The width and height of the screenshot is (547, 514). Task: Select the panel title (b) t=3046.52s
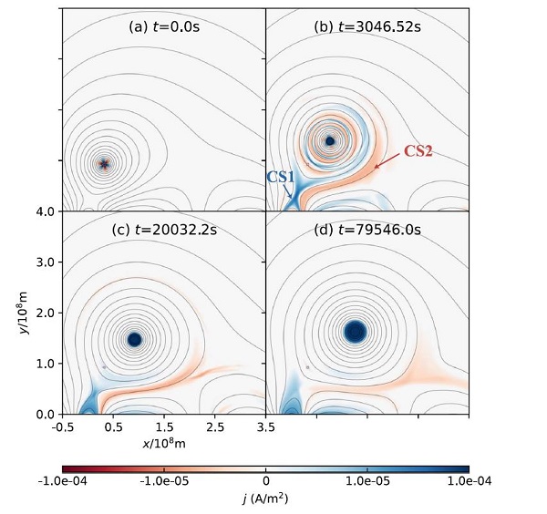tap(364, 26)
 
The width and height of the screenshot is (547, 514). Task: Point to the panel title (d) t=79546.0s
tap(364, 230)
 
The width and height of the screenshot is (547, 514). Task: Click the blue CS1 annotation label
tap(279, 176)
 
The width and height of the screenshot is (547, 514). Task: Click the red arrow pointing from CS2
tap(387, 161)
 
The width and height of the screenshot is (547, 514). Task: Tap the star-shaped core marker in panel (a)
tap(103, 164)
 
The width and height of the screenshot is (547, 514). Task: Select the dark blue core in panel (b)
tap(330, 140)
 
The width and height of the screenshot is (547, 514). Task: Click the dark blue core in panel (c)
tap(134, 338)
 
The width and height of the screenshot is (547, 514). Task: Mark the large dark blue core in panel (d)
tap(356, 331)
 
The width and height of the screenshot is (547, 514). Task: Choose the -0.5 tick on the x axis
tap(62, 427)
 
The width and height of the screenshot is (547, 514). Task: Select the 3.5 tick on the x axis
tap(265, 427)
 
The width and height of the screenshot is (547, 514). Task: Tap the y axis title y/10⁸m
tap(22, 313)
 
